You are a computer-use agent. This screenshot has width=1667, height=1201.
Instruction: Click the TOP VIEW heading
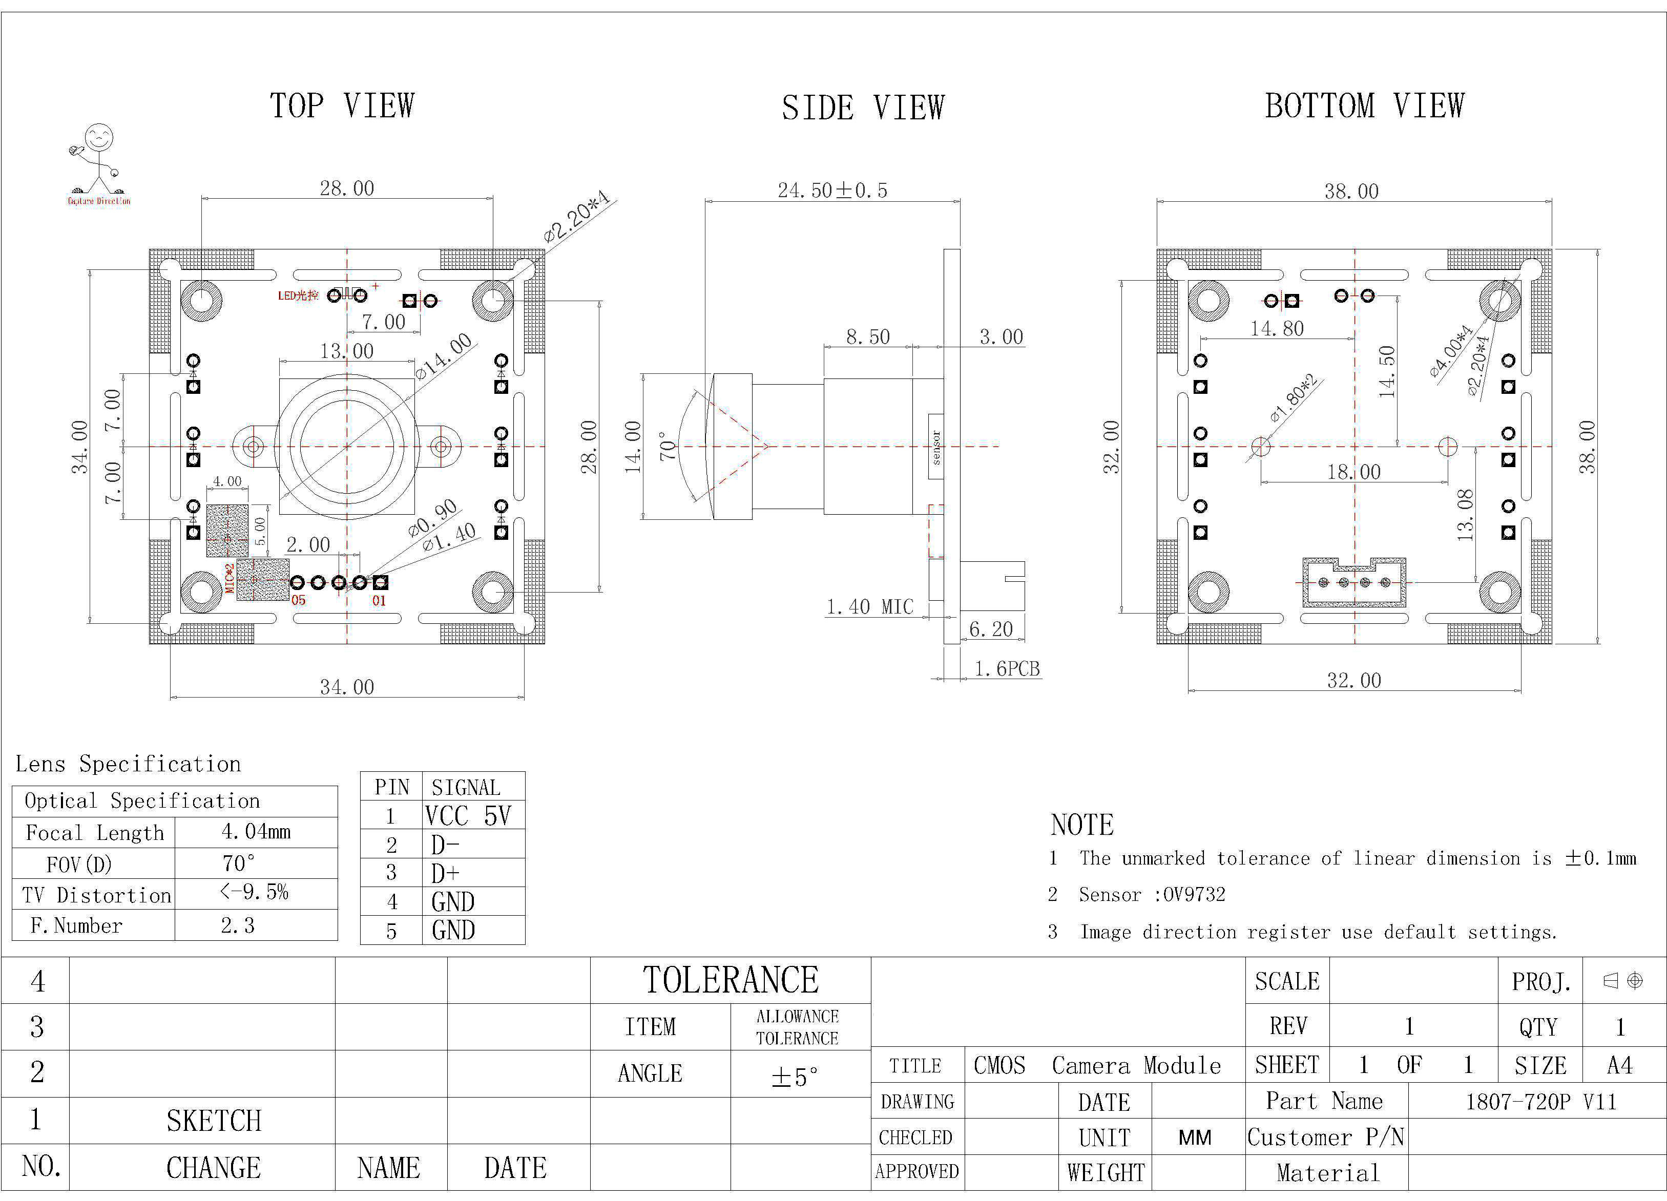(x=343, y=106)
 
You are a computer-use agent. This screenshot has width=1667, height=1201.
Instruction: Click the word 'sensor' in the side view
(x=935, y=447)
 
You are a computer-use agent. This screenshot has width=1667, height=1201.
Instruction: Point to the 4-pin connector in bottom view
(x=1354, y=582)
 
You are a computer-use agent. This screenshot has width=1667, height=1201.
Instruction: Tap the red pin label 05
(x=299, y=600)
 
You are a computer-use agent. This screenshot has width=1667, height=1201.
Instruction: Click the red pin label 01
(x=379, y=600)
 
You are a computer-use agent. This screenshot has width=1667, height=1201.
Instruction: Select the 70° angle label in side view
(x=668, y=446)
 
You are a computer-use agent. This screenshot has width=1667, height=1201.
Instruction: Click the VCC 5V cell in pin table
(x=467, y=816)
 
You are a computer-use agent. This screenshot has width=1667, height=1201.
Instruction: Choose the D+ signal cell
(x=445, y=873)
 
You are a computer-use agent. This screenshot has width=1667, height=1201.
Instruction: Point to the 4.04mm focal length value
(x=256, y=832)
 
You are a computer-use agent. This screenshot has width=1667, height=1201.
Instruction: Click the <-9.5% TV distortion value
(x=254, y=892)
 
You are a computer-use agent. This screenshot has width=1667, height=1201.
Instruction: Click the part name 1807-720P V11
(x=1540, y=1102)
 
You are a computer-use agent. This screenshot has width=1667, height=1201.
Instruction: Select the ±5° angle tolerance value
(x=795, y=1077)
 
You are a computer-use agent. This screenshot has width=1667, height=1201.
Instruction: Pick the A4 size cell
(x=1619, y=1065)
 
